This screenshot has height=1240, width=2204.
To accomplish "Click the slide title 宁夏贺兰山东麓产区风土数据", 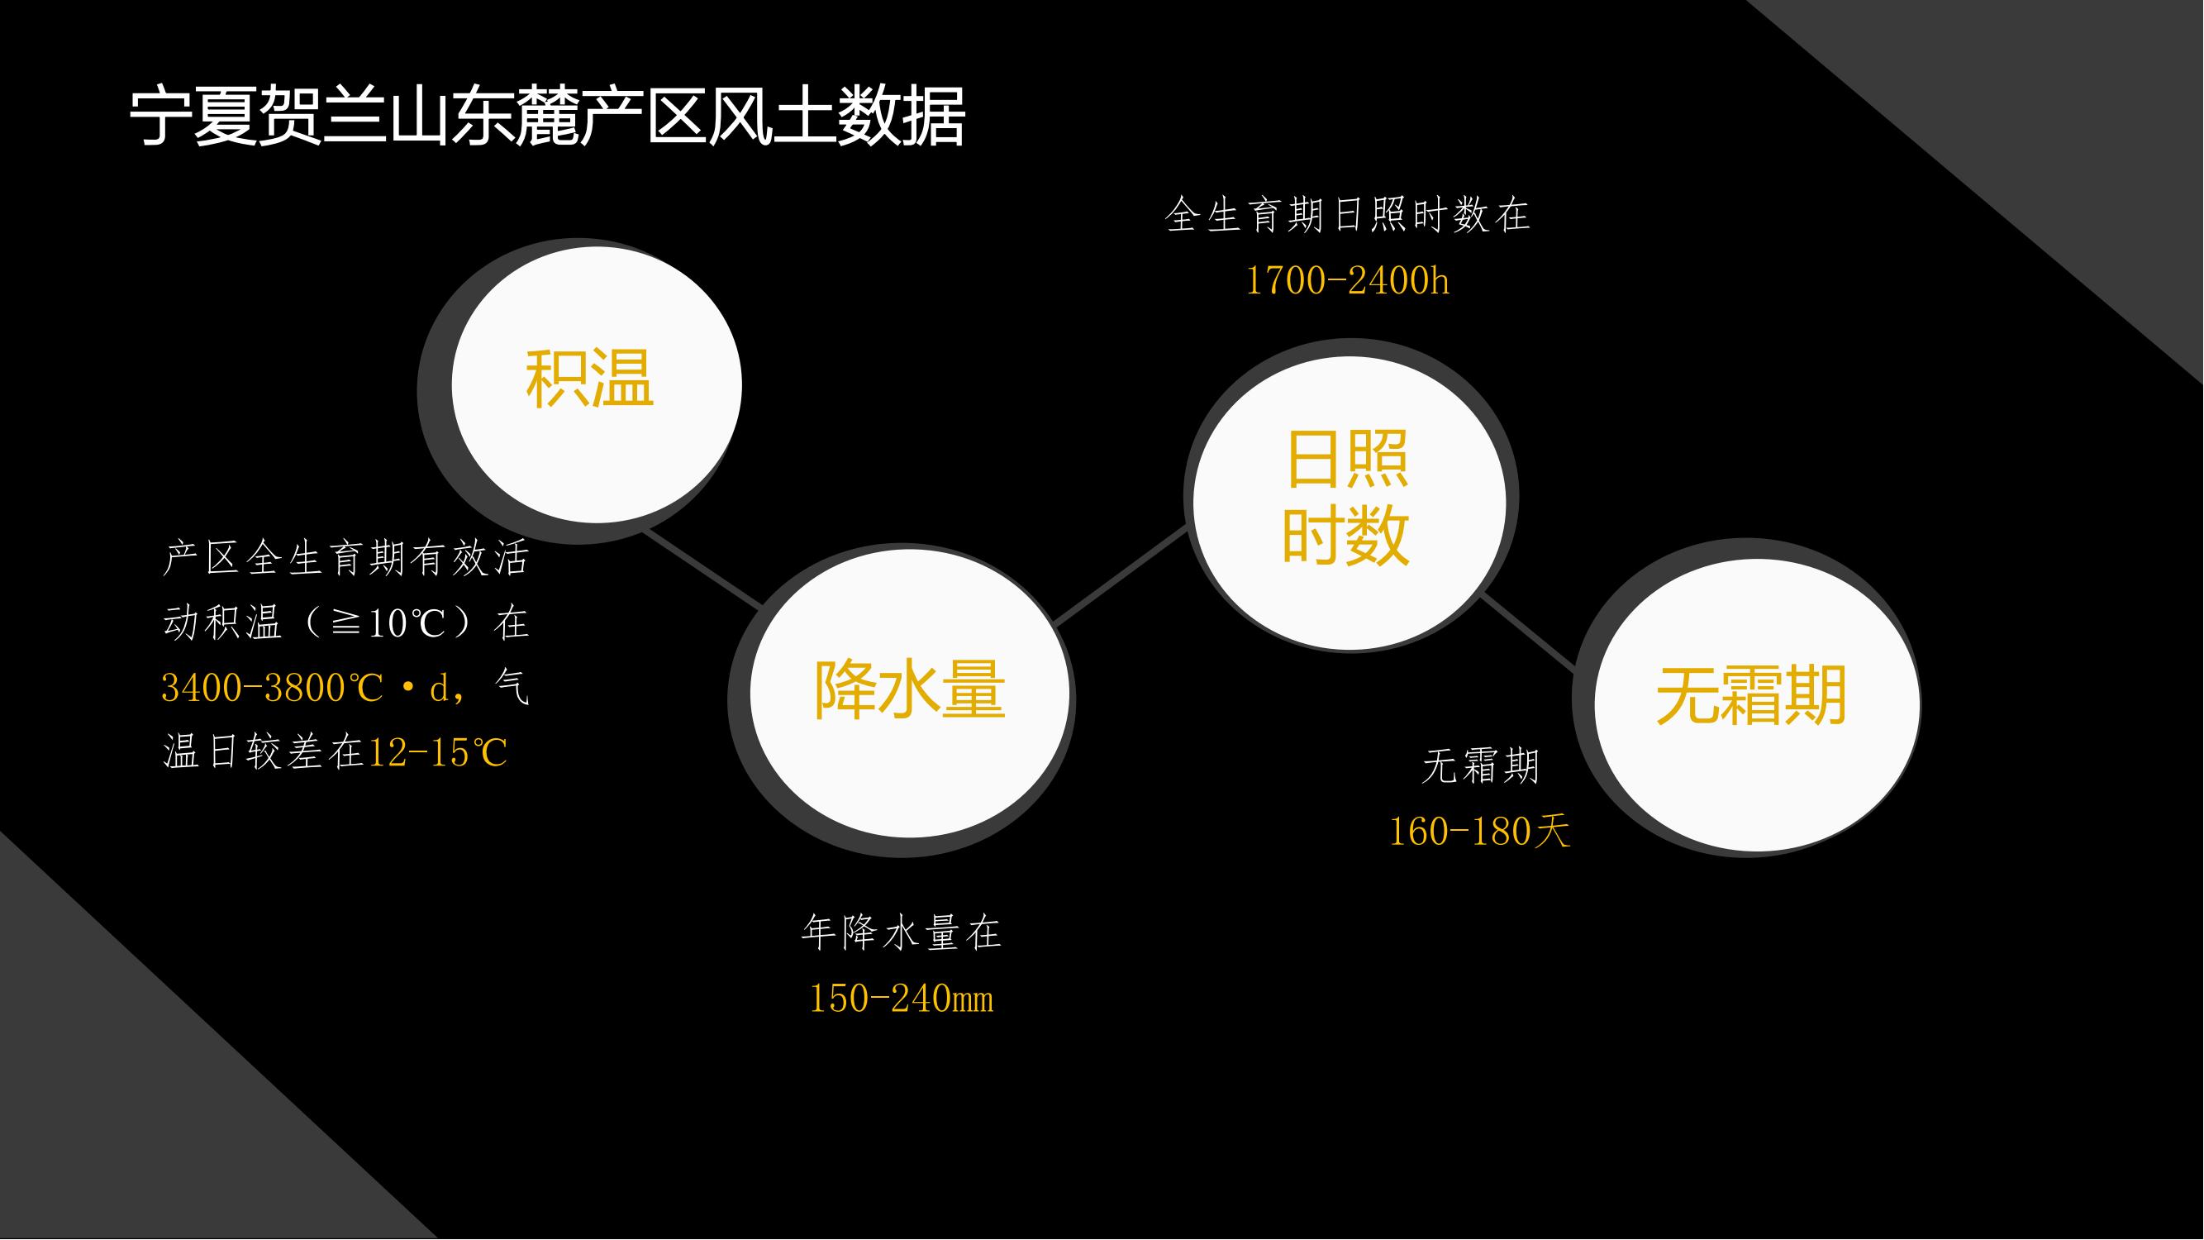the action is pyautogui.click(x=548, y=116).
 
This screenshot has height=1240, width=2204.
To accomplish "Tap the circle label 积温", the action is pyautogui.click(x=589, y=379).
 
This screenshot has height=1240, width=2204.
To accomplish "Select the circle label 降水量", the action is pyautogui.click(x=910, y=689).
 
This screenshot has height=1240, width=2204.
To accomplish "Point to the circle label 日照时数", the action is pyautogui.click(x=1346, y=498).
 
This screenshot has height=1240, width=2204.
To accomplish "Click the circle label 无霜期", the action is pyautogui.click(x=1751, y=696).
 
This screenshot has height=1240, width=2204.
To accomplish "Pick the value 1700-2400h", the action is pyautogui.click(x=1347, y=281).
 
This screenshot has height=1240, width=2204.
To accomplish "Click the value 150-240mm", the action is pyautogui.click(x=901, y=999).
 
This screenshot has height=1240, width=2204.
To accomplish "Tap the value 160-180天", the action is pyautogui.click(x=1479, y=831).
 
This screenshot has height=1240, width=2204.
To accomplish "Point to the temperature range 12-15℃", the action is pyautogui.click(x=438, y=753).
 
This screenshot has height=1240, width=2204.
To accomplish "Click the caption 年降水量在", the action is pyautogui.click(x=901, y=932).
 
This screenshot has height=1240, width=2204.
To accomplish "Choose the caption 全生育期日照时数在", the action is pyautogui.click(x=1347, y=215).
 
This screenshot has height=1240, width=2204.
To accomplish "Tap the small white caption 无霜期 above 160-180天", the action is pyautogui.click(x=1480, y=766).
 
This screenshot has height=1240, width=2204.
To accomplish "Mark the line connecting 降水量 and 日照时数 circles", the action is pyautogui.click(x=1121, y=576).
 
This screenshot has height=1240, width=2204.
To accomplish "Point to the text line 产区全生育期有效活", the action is pyautogui.click(x=345, y=559).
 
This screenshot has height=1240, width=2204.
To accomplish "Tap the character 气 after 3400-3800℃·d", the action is pyautogui.click(x=512, y=686).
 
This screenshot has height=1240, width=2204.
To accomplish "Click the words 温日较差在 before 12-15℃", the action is pyautogui.click(x=264, y=753).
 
